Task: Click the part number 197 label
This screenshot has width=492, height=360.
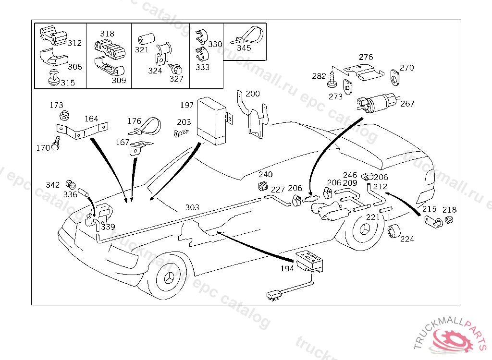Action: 187,105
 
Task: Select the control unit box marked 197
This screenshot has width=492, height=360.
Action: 213,120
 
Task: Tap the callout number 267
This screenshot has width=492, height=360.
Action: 407,104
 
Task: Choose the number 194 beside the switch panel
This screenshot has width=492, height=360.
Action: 287,268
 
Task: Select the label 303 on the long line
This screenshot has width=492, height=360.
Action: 192,207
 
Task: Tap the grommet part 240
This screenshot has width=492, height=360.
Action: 263,186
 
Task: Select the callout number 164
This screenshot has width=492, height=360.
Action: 91,119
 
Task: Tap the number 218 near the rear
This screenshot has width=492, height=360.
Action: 450,210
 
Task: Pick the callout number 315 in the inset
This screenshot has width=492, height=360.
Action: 68,83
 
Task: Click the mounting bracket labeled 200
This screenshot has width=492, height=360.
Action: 255,118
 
